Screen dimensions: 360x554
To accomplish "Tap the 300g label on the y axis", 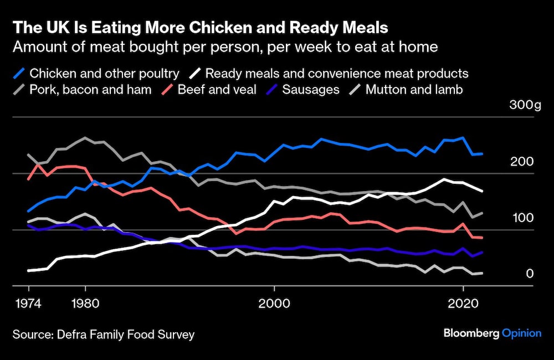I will pos(524,105).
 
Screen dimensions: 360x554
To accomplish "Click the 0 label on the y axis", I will pos(530,274).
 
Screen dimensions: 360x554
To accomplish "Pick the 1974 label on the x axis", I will pos(28,304).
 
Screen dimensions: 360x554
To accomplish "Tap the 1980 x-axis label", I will pos(85,304).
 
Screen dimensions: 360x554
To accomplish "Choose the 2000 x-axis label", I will pos(274,304).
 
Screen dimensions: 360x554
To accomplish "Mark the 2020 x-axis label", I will pos(463,304).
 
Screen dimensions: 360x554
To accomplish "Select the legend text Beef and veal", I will pos(217,90).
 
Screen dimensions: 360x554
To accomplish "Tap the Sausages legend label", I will pos(311,90).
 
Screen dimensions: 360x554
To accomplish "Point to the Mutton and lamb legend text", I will pos(414,90).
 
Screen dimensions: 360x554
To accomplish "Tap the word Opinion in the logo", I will pos(521,333).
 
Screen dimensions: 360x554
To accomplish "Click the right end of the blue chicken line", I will pos(482,154).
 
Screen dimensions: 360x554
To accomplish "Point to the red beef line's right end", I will pos(482,238).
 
